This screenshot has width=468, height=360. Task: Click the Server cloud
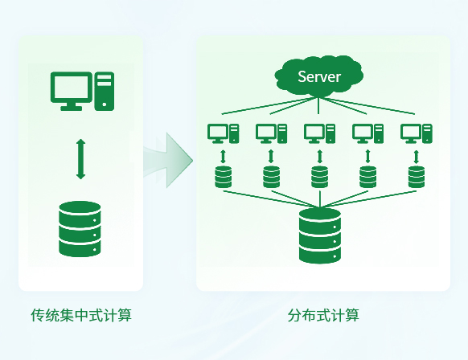319,77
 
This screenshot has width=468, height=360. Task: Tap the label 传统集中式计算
80,314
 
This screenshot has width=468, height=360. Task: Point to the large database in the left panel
80,229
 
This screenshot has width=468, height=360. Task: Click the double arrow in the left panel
80,158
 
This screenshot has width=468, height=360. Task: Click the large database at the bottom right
320,235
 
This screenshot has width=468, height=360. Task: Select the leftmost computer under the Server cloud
223,133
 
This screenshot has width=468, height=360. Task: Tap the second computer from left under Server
271,133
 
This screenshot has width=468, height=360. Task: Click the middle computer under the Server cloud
319,133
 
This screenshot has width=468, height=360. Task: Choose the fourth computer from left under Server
367,133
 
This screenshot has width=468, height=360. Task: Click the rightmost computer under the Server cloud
416,133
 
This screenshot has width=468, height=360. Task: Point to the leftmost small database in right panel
223,177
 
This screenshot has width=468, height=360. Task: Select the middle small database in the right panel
319,177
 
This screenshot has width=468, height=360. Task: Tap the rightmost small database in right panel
416,177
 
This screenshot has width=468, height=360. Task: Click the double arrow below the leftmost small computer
223,154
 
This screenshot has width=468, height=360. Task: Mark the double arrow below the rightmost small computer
416,154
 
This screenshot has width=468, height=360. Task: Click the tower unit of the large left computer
105,91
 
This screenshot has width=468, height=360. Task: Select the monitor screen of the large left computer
71,86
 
